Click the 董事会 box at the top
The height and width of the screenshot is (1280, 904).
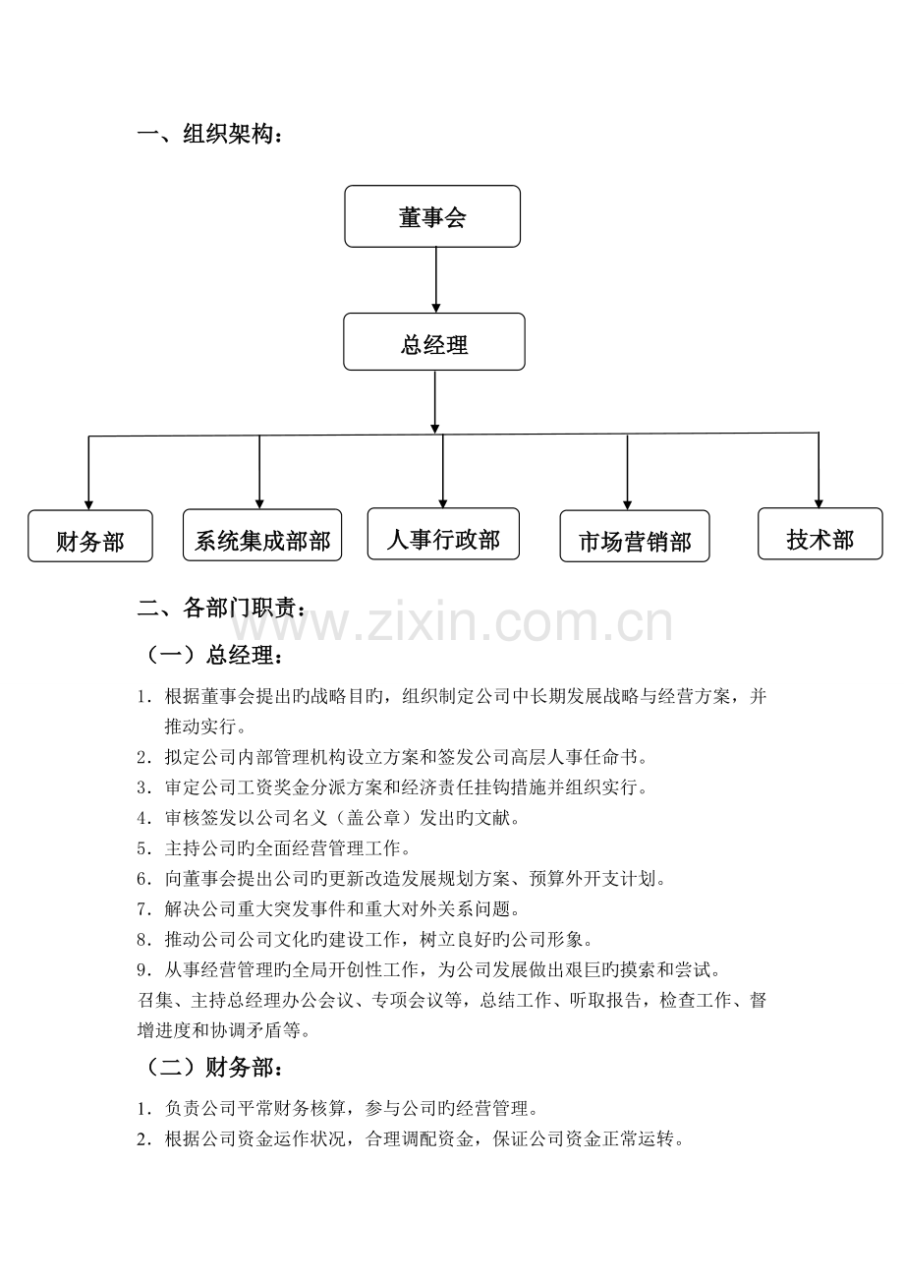432,216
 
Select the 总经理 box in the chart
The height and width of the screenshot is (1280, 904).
434,342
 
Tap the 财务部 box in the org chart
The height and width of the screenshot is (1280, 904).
90,536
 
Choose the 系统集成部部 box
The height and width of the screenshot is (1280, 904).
262,536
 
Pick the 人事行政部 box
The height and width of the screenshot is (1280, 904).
443,534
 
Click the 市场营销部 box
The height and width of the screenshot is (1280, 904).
635,536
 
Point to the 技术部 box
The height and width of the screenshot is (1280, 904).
820,534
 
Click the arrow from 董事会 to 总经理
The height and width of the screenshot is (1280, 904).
435,280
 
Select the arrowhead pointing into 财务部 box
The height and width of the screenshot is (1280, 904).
88,505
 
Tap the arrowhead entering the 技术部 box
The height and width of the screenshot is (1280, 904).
819,503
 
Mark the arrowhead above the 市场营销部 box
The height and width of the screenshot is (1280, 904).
627,505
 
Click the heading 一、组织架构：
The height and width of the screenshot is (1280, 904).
210,135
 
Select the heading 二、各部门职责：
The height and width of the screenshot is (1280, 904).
222,608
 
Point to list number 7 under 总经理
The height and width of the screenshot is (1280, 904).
143,908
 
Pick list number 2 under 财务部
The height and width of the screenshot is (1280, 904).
143,1138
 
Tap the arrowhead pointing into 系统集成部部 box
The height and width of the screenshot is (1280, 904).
259,504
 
